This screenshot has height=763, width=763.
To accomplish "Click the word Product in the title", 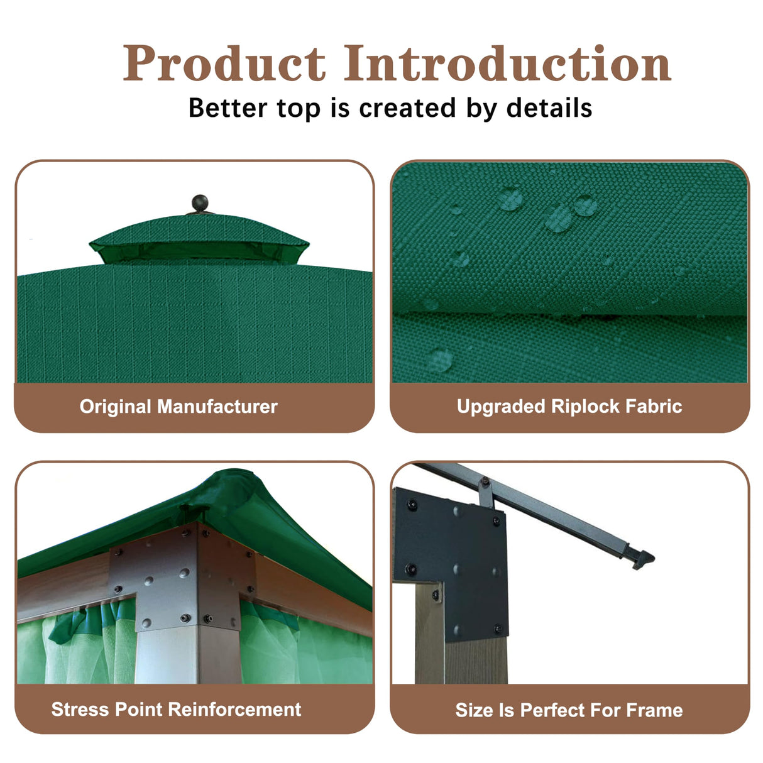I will [x=224, y=64].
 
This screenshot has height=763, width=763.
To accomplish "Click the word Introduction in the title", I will [x=507, y=64].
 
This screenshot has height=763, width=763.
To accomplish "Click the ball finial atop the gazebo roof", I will [x=199, y=204].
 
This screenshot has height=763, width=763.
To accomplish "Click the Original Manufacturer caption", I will [x=178, y=407].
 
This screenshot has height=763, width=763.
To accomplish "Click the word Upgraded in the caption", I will [x=501, y=407].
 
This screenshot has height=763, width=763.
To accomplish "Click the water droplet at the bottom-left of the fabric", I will [x=440, y=360].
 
